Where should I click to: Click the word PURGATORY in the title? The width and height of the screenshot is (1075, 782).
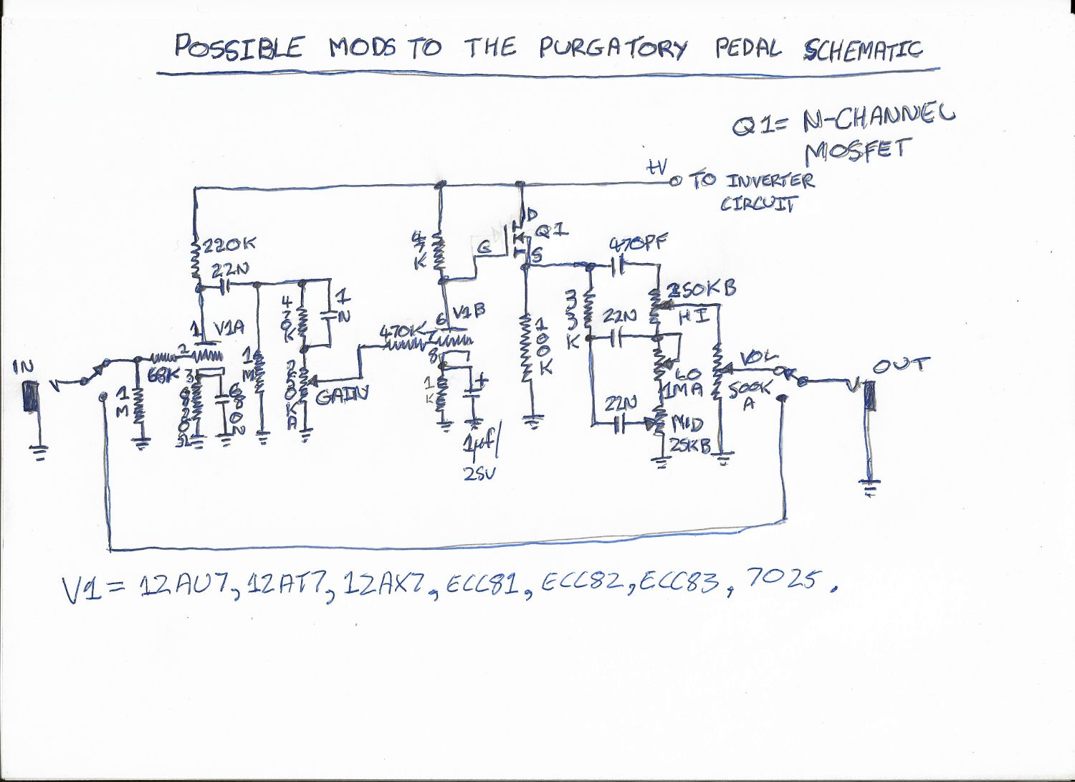[x=613, y=47]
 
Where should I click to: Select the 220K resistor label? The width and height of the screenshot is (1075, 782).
[x=229, y=245]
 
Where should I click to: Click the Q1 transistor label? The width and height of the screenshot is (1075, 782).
[x=552, y=231]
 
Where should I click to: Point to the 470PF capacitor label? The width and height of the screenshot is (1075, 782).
[x=638, y=244]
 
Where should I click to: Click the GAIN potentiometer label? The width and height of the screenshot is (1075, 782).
[x=342, y=394]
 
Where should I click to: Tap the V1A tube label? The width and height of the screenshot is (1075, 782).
[x=229, y=328]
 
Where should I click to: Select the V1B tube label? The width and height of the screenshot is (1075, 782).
[x=469, y=311]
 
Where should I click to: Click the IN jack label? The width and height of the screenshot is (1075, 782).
[x=23, y=367]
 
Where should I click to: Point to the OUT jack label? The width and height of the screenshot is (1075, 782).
[x=901, y=366]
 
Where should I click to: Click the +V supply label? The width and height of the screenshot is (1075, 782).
[x=656, y=168]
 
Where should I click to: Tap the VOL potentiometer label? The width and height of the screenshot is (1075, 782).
[x=758, y=356]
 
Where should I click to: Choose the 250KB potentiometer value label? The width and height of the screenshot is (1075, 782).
[x=702, y=290]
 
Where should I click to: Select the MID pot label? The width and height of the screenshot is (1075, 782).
[x=687, y=424]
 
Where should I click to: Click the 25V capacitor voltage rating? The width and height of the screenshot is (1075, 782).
[x=478, y=473]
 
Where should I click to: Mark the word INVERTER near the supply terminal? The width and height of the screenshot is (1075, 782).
[x=770, y=180]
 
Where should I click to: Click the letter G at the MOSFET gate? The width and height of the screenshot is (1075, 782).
[x=484, y=247]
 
